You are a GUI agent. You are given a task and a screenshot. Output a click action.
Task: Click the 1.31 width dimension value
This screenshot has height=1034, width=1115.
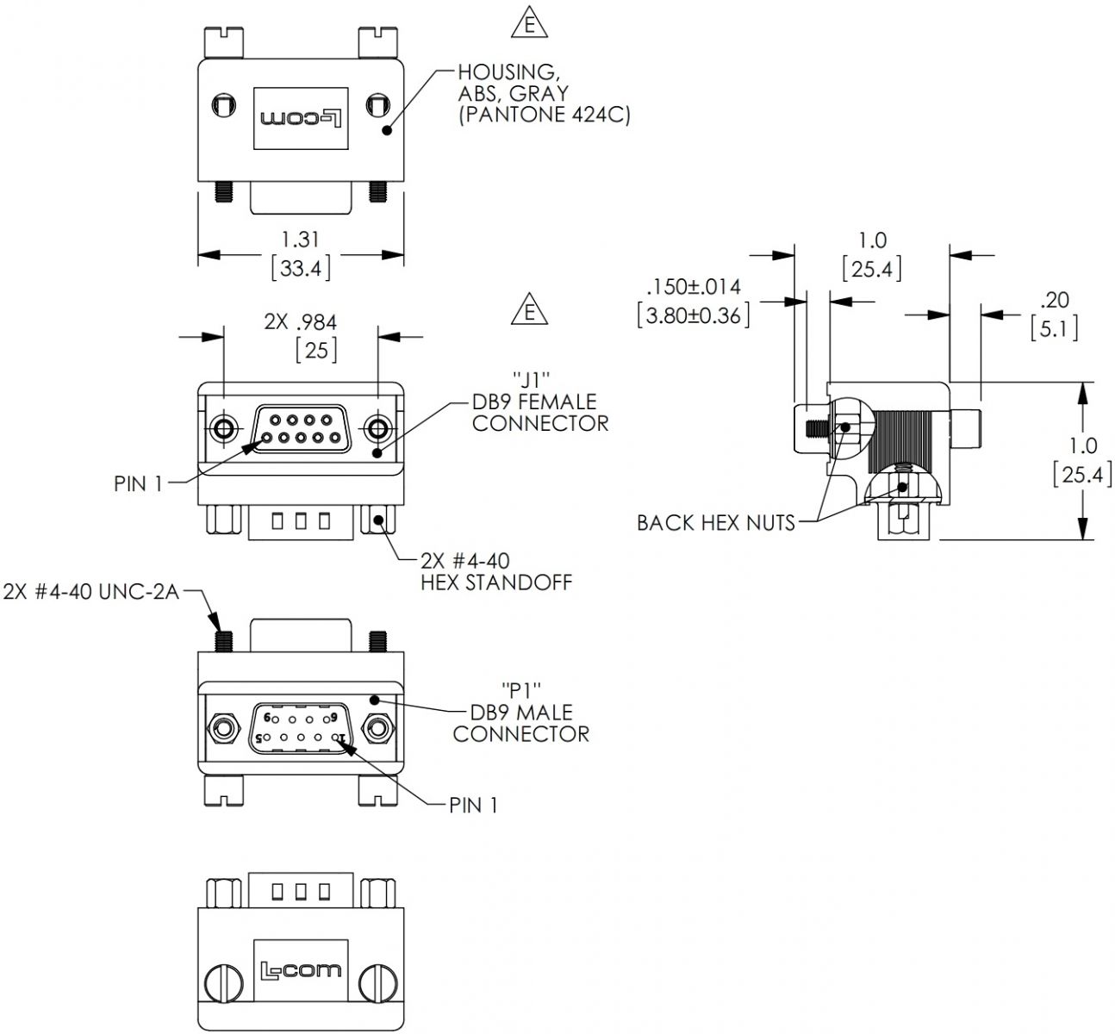click(x=301, y=239)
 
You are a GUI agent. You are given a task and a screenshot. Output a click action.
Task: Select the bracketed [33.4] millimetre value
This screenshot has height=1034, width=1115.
click(x=301, y=268)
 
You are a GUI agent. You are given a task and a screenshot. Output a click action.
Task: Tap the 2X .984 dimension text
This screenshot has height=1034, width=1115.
click(x=300, y=322)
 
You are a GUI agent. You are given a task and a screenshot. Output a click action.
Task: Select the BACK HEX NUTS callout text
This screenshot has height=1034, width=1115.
click(x=715, y=522)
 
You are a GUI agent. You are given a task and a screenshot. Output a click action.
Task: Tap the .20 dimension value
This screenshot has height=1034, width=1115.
click(x=1054, y=300)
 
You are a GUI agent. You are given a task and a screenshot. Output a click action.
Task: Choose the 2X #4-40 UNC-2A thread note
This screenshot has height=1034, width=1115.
click(x=90, y=592)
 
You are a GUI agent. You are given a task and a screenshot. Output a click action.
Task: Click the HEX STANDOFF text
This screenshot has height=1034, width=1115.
click(x=495, y=582)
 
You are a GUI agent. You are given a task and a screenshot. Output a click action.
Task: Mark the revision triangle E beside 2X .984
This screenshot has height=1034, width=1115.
click(x=529, y=310)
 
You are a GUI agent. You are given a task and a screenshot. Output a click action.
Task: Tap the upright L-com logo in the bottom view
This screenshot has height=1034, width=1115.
click(x=301, y=970)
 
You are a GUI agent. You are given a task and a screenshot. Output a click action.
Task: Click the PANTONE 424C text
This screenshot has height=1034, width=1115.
click(x=544, y=115)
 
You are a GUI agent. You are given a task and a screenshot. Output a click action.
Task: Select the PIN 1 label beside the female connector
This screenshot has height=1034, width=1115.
click(x=138, y=483)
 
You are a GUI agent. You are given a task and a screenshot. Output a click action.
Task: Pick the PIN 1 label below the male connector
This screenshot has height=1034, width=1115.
click(x=473, y=805)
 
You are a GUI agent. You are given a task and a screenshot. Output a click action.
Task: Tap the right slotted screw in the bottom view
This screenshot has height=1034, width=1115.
click(x=377, y=981)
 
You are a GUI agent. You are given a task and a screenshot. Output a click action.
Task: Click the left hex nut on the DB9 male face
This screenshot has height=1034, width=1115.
click(x=224, y=729)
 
